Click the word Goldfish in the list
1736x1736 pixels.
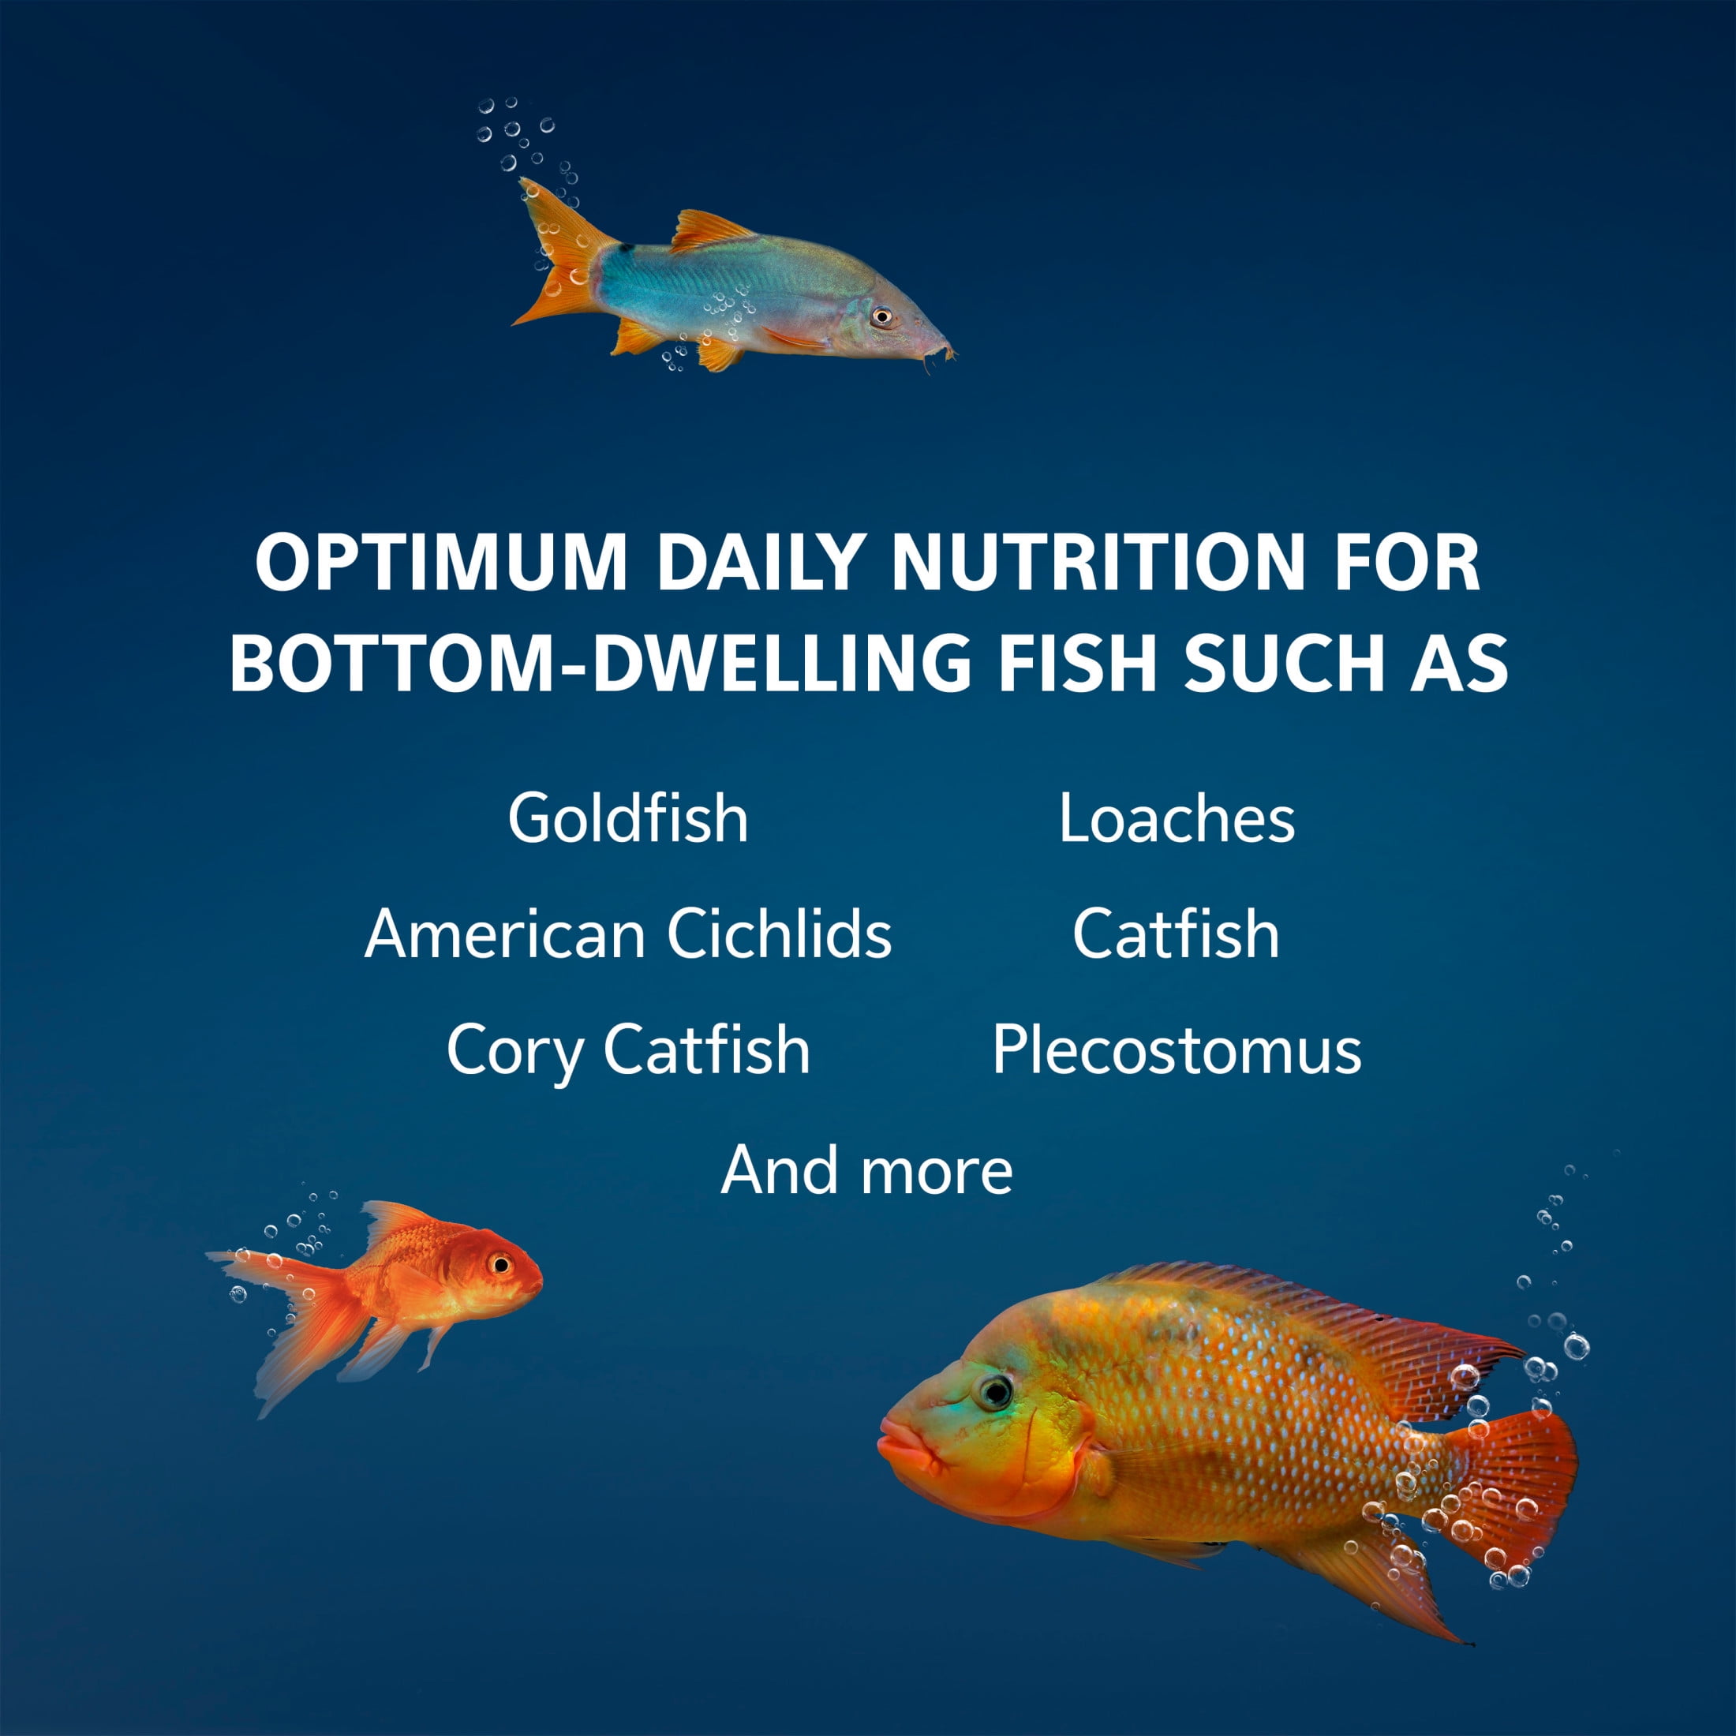click(628, 818)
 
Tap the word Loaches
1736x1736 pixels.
click(1177, 818)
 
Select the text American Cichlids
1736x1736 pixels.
click(628, 933)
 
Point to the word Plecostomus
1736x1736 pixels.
click(1177, 1049)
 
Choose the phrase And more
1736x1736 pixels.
click(867, 1171)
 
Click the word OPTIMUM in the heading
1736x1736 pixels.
click(440, 563)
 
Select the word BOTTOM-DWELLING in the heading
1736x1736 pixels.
click(601, 664)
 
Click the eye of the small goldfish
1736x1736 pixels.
click(499, 1264)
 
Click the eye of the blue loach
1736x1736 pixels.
click(881, 316)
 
